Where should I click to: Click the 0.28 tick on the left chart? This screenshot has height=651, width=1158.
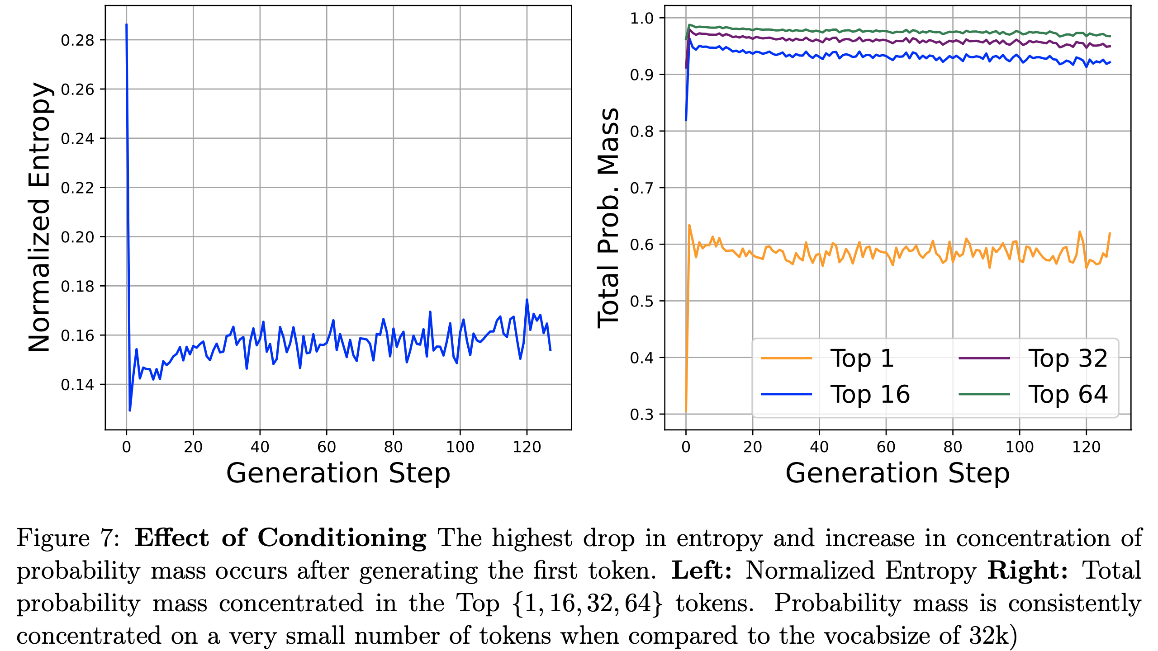click(77, 40)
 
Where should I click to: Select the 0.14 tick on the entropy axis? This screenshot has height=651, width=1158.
click(77, 385)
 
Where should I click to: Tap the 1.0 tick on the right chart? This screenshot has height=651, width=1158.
click(642, 18)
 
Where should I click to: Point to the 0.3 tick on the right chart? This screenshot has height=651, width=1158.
click(642, 415)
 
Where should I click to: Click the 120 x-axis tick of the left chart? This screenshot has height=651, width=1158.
click(527, 447)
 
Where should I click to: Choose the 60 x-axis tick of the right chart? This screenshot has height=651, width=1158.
click(886, 447)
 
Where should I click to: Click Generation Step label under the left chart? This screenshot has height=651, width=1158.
click(338, 474)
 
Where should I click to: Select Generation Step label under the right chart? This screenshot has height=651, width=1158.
click(897, 474)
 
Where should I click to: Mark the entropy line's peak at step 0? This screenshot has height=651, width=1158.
click(126, 25)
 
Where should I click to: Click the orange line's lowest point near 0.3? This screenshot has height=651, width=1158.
click(686, 411)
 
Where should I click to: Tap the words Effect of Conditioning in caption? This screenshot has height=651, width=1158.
click(280, 538)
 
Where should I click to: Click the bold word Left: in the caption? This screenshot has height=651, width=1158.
click(702, 571)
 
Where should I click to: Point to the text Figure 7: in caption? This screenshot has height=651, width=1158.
click(68, 538)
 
